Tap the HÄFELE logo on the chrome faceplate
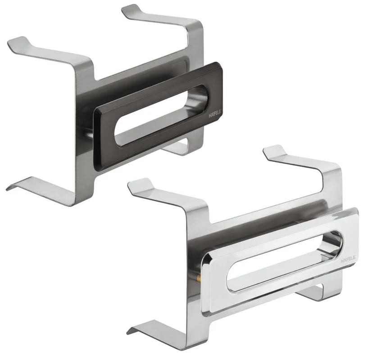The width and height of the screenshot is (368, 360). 348,260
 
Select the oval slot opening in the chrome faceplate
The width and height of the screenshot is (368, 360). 284,261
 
